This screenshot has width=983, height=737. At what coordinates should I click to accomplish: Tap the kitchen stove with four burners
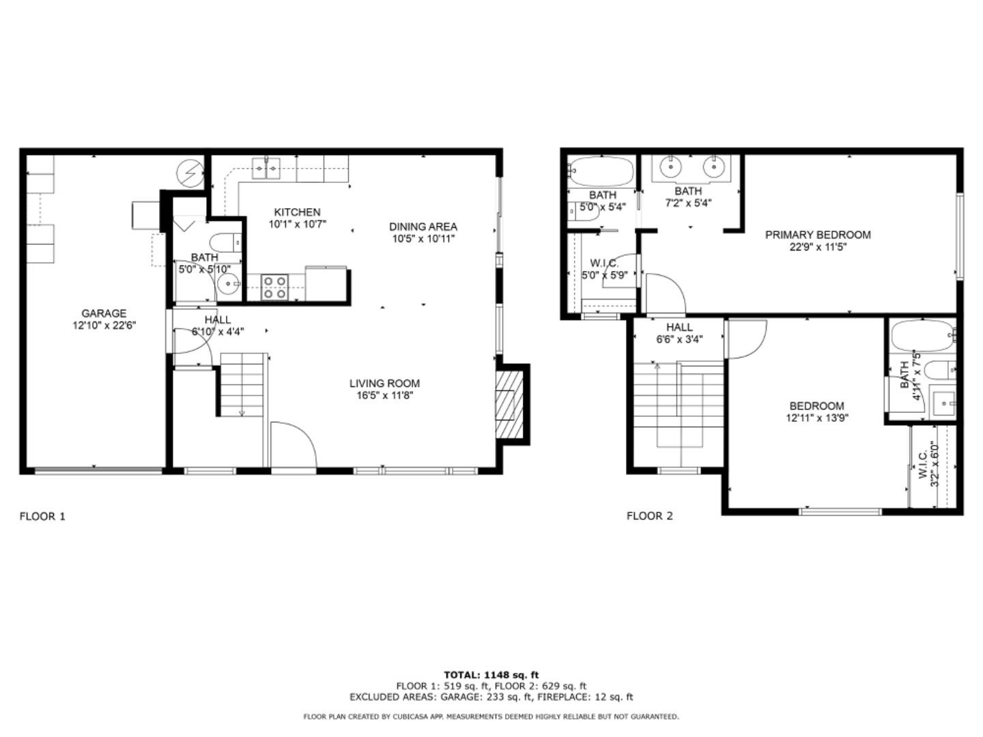pos(275,287)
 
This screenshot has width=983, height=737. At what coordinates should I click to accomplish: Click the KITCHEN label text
pos(297,212)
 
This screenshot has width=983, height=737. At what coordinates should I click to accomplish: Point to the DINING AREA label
pos(423,227)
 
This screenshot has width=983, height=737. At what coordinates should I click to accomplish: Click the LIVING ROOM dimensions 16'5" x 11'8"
pos(384,395)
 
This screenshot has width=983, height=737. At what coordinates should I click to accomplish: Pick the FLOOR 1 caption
pos(42,516)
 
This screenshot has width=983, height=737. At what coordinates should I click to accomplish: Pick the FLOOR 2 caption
pos(649,516)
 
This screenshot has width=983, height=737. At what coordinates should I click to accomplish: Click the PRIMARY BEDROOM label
pos(817,235)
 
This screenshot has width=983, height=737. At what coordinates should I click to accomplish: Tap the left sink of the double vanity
pos(672,166)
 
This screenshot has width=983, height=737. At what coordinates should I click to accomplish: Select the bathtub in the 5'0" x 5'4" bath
pos(601,171)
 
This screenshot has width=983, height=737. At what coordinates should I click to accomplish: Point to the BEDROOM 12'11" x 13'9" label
pos(816,405)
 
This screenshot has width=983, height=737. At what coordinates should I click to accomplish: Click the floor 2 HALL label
pos(679,328)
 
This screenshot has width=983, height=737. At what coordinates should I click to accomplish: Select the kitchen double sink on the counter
pos(267,167)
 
